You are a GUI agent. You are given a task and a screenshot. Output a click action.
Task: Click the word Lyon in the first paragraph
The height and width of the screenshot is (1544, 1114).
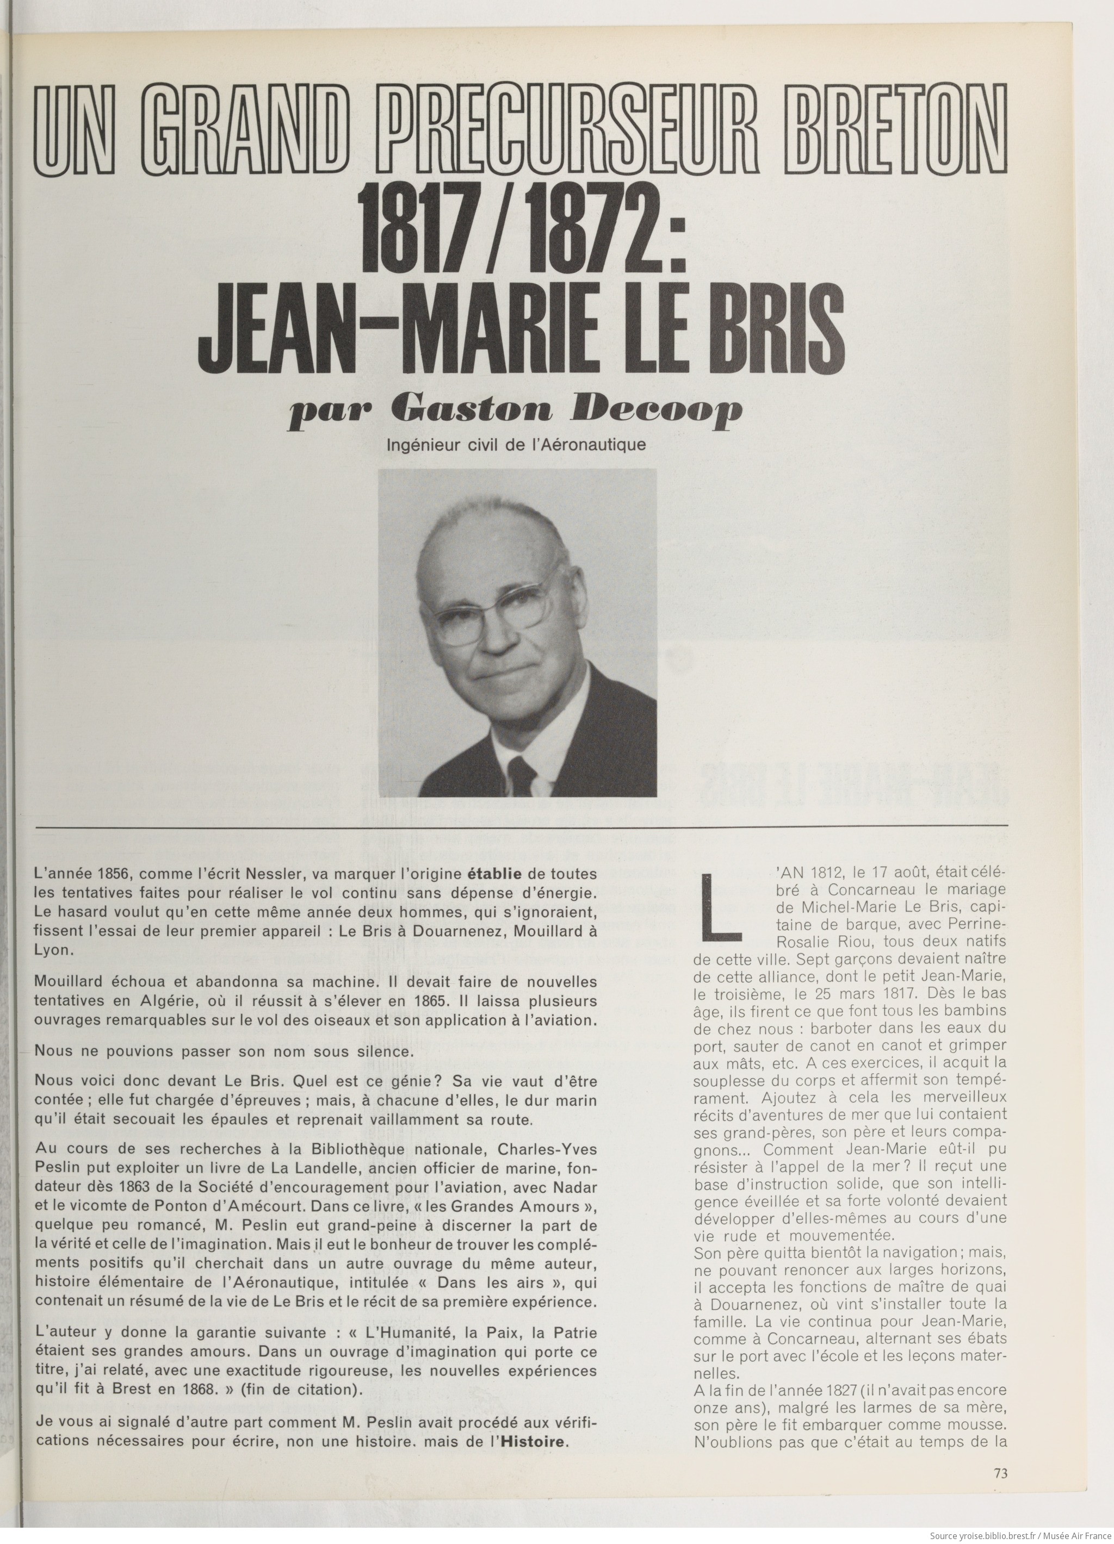tap(53, 950)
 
